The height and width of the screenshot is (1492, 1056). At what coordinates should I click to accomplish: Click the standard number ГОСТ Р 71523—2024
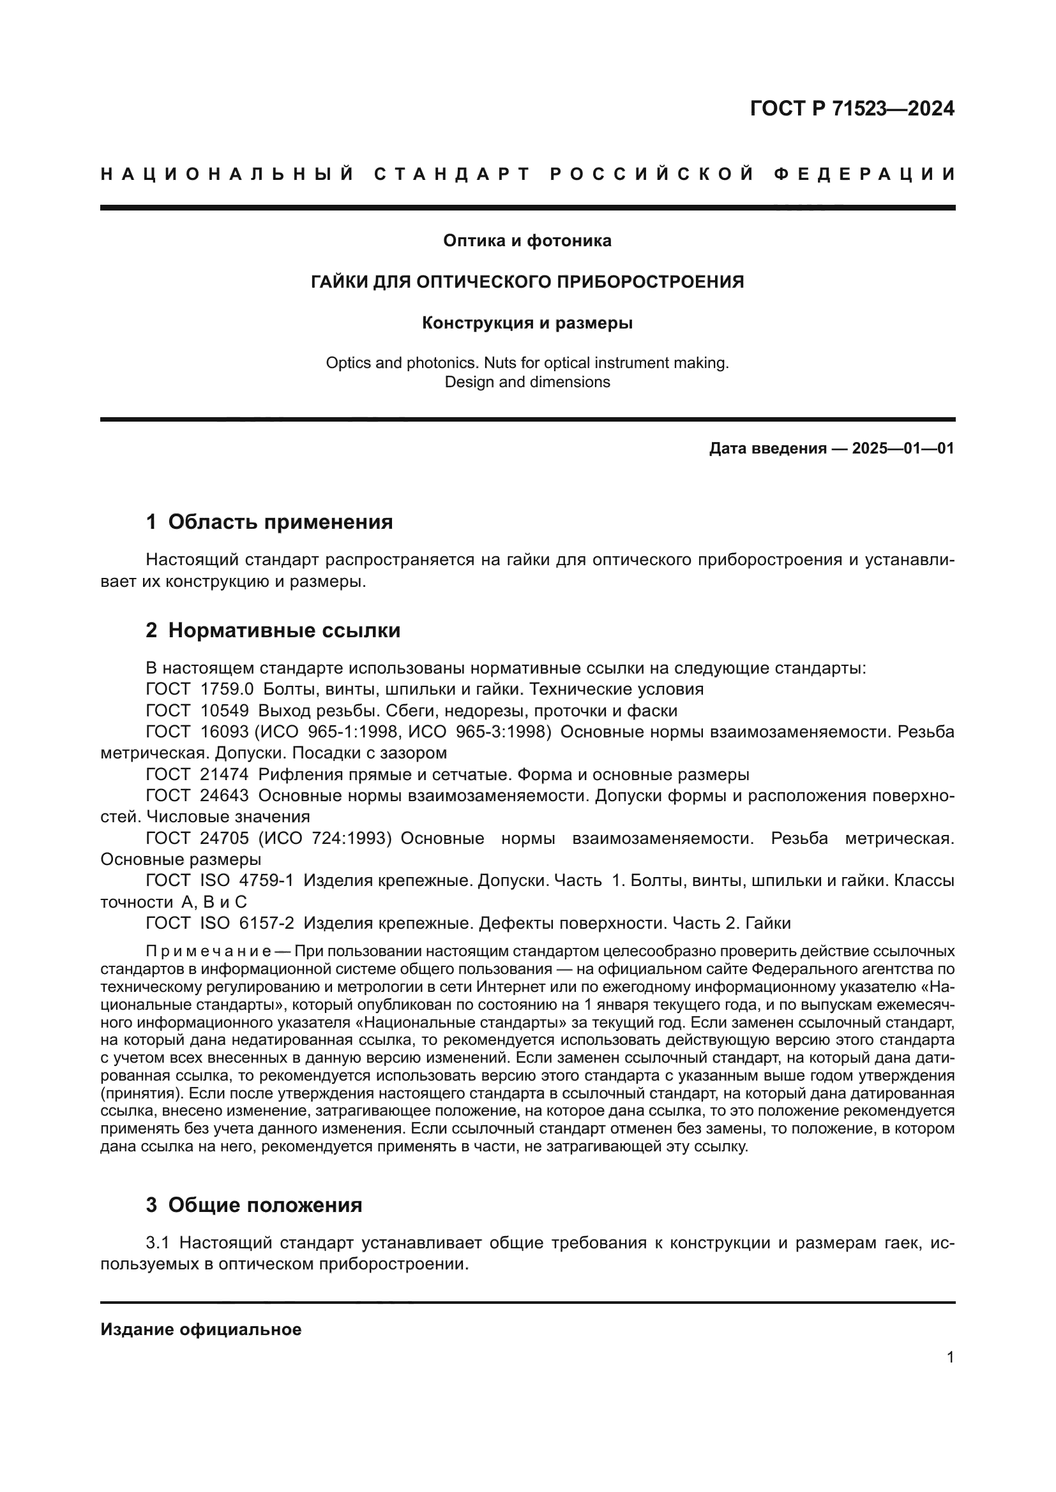point(852,108)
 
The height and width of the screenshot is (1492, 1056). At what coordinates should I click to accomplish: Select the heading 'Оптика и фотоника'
point(527,241)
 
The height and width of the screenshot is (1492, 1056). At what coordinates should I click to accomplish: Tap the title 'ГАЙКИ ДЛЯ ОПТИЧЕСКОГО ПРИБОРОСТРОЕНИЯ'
point(527,282)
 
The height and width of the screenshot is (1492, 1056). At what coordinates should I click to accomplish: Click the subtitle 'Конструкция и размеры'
point(527,323)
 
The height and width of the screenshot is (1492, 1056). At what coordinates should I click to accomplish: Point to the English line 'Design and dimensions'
point(527,382)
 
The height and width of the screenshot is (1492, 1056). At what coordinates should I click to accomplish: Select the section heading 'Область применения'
point(280,522)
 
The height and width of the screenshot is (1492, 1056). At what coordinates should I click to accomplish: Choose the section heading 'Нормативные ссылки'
point(284,630)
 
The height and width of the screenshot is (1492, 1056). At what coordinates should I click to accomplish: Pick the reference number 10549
point(225,711)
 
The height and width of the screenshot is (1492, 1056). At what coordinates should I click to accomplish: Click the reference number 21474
point(225,775)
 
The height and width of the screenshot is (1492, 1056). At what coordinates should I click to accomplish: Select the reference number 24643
point(225,797)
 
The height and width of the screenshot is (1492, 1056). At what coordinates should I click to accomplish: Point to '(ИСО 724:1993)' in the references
point(325,839)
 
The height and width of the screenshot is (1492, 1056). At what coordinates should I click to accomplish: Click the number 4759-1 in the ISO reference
point(267,882)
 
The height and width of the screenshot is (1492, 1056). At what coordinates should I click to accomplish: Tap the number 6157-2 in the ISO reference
point(267,924)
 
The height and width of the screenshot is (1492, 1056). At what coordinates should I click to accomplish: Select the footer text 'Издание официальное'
point(201,1329)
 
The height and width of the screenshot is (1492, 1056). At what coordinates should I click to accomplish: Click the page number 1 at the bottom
point(951,1357)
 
